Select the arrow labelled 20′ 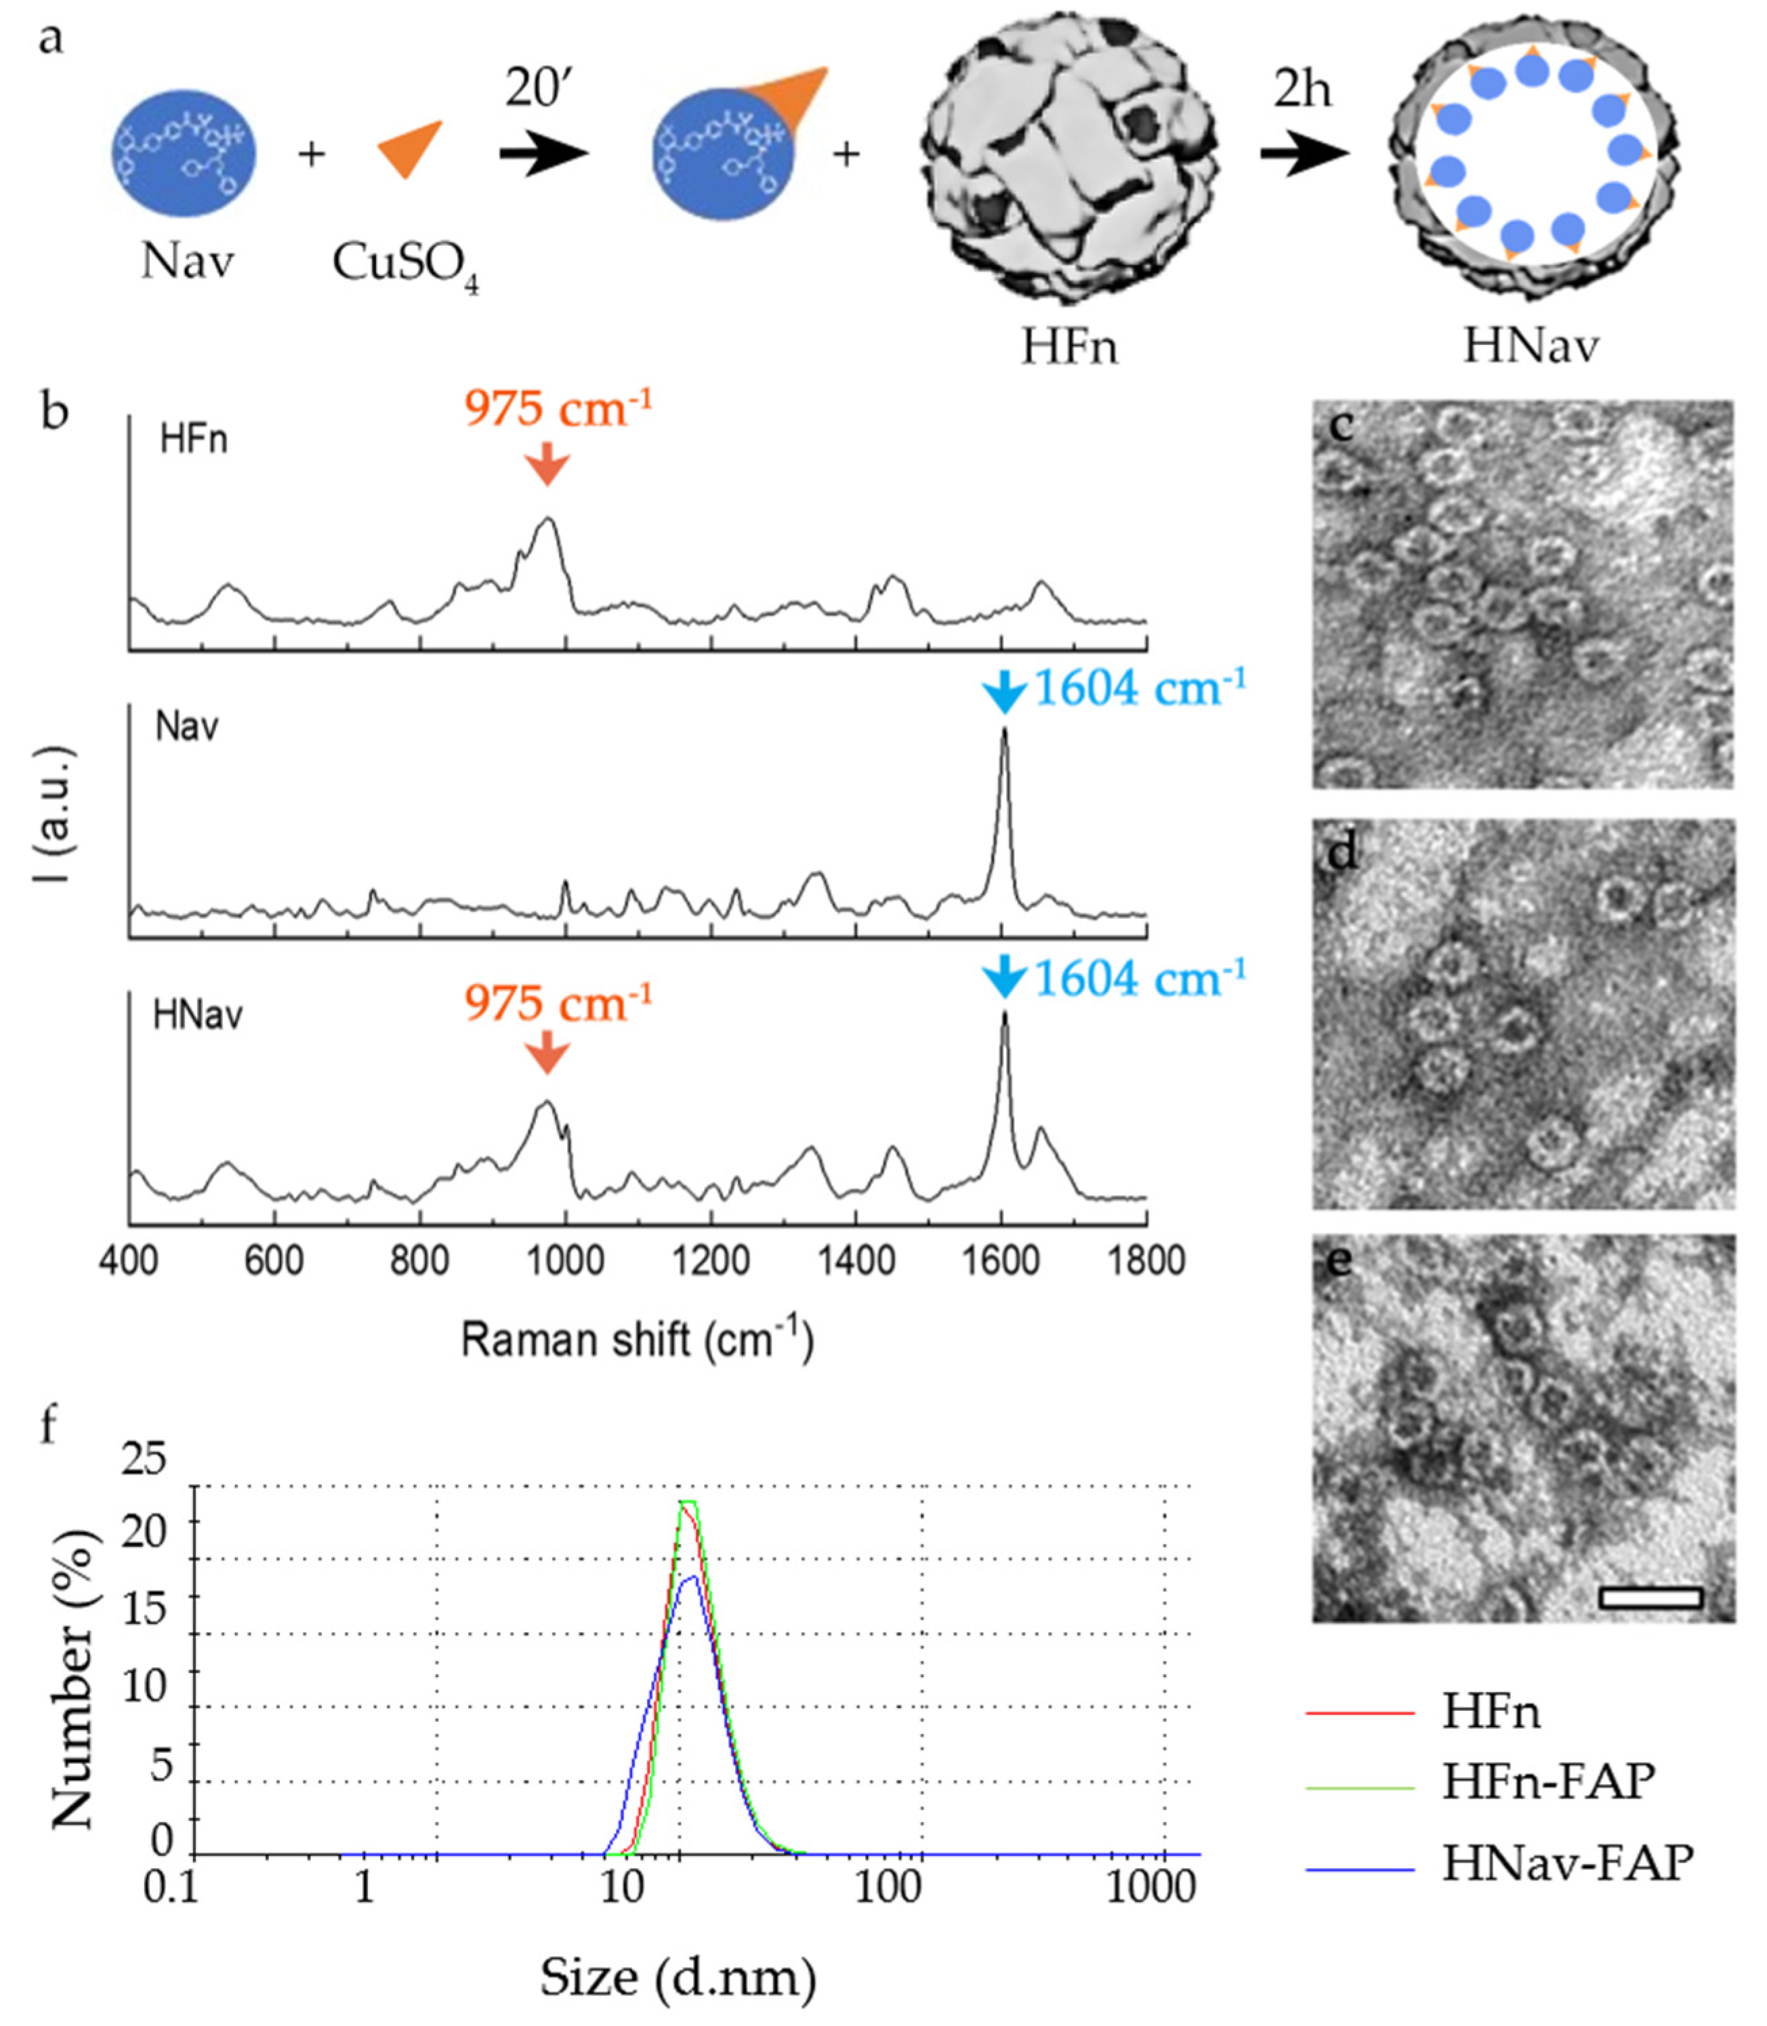tap(543, 154)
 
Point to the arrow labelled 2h tap(1304, 154)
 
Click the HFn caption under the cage tap(1069, 347)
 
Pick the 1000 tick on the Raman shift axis tap(565, 1261)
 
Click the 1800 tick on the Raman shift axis tap(1146, 1261)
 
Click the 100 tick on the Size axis tap(888, 1887)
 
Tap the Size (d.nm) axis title tap(678, 1978)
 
